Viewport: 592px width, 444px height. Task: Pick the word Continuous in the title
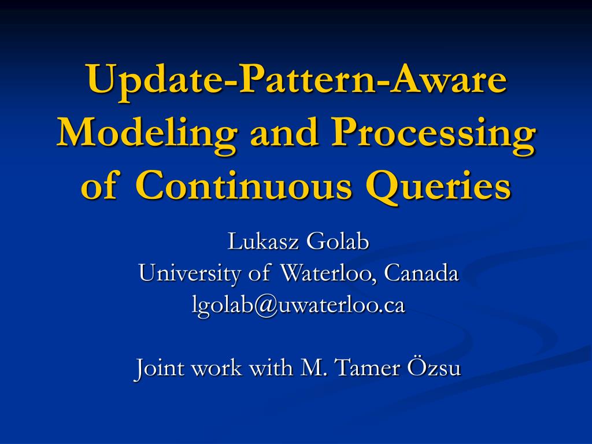coord(244,185)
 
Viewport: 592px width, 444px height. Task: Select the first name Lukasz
coord(263,241)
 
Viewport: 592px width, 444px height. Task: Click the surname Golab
coord(337,241)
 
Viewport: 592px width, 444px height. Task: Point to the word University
coord(190,273)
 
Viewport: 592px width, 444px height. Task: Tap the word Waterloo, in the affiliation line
coord(330,273)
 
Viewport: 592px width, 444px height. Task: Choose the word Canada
coord(421,273)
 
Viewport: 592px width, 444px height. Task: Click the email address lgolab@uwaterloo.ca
coord(299,305)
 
